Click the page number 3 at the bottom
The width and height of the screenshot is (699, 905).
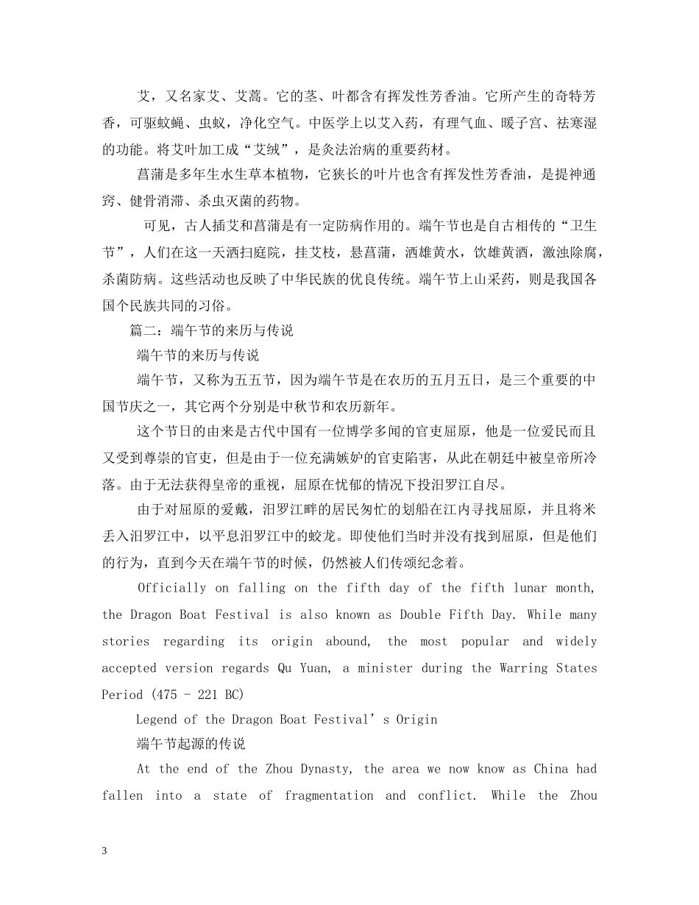pyautogui.click(x=104, y=851)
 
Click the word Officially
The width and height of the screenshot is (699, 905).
pyautogui.click(x=171, y=588)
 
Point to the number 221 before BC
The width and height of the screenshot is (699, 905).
pyautogui.click(x=208, y=695)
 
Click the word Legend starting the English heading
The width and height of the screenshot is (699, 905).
pyautogui.click(x=156, y=720)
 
